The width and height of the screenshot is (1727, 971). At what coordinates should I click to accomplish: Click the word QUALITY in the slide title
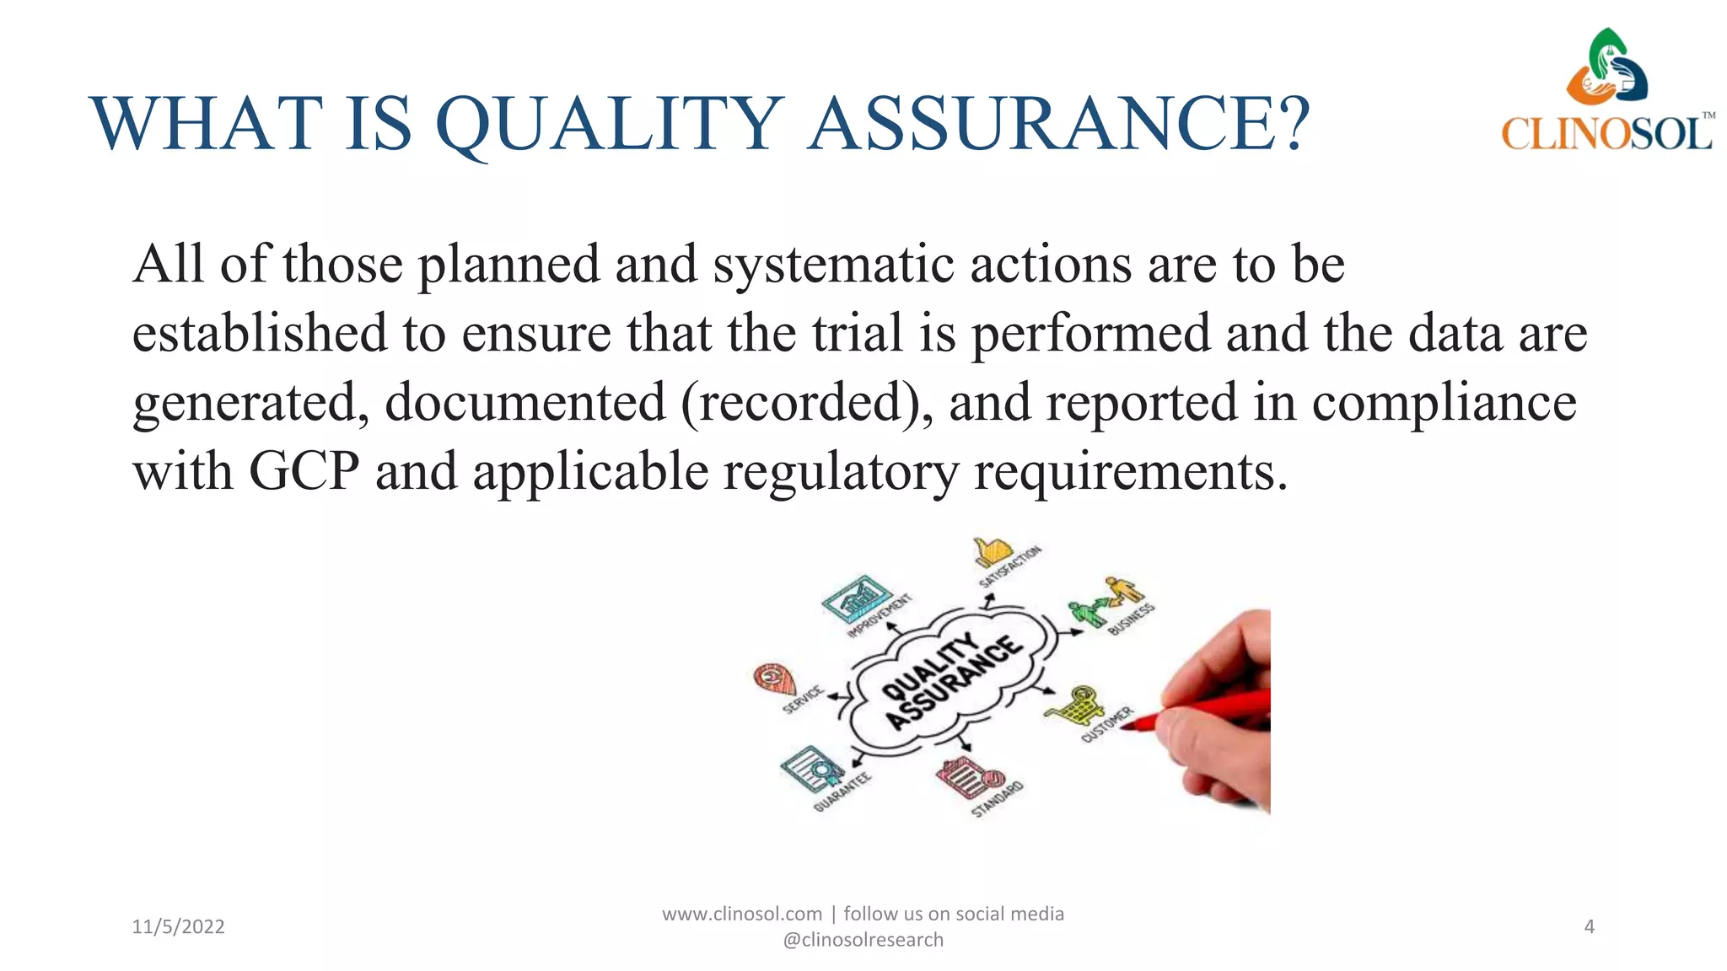(609, 125)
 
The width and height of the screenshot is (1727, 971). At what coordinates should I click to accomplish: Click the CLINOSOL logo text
(1606, 133)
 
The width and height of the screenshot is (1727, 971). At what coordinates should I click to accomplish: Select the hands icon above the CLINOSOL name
(1606, 68)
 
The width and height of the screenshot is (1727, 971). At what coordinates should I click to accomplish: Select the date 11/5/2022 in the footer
(178, 926)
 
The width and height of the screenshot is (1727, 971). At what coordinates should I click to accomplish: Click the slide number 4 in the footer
(1589, 926)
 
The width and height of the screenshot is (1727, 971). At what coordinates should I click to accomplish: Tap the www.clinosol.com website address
(741, 914)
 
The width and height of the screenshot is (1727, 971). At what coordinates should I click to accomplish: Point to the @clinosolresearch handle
(863, 940)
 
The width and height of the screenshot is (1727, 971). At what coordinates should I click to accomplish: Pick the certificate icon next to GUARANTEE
(811, 768)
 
